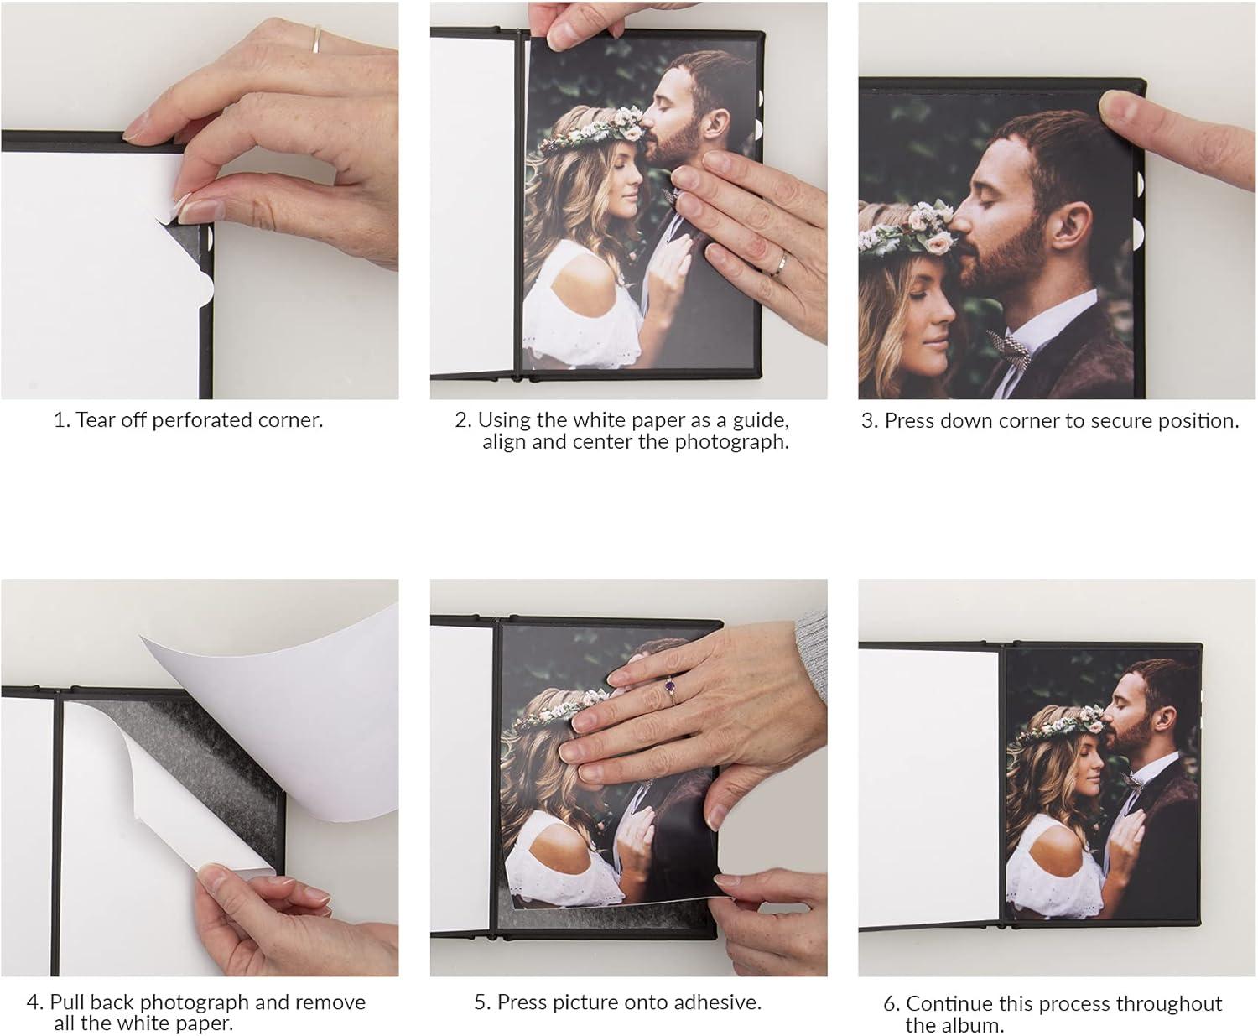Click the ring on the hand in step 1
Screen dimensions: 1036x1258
tap(318, 38)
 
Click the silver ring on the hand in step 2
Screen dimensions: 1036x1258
tap(780, 265)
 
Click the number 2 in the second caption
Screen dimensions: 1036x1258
tap(462, 420)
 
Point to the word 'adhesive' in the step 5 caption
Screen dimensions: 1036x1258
tap(721, 1002)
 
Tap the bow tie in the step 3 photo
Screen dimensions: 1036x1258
tap(1009, 346)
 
